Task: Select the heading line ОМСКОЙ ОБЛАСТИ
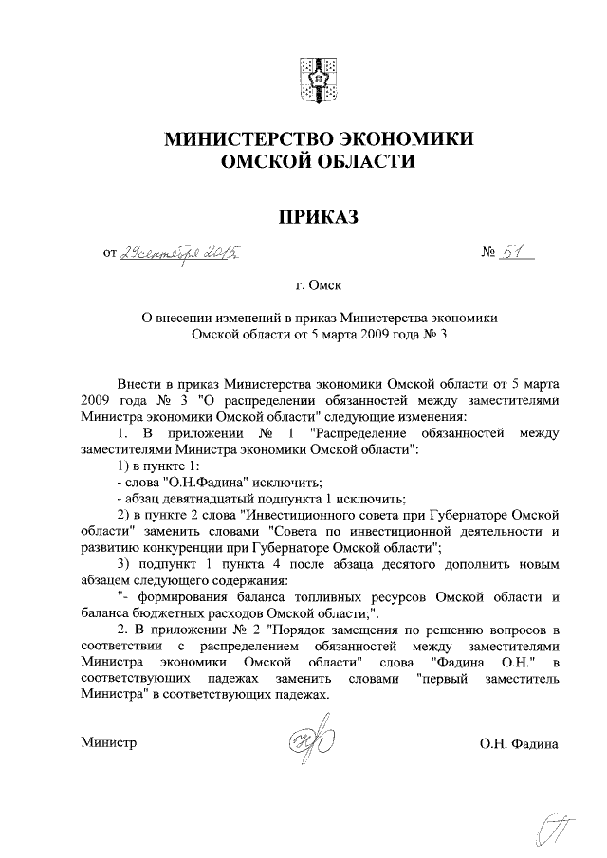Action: click(x=316, y=163)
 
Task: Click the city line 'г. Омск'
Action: click(x=316, y=283)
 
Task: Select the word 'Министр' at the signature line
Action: click(x=109, y=742)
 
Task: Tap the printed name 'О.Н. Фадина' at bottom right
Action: click(x=519, y=743)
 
